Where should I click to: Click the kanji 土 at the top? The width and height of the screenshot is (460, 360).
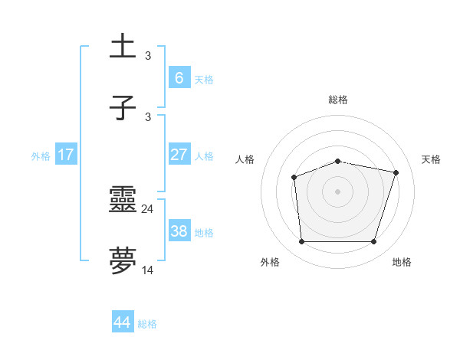(123, 47)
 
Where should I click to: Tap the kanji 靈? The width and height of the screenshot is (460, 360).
(123, 200)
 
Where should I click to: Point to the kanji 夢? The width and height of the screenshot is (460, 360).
(123, 261)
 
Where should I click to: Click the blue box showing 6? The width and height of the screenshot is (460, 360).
(179, 78)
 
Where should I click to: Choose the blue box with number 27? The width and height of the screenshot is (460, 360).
(179, 155)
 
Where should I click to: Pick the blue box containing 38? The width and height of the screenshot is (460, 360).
(179, 231)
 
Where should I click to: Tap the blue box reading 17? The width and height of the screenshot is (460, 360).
(66, 155)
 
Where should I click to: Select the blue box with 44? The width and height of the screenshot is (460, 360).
(123, 322)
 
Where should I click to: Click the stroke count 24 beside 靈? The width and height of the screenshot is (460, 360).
(148, 208)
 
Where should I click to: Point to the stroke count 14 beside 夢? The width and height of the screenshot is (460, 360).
(148, 270)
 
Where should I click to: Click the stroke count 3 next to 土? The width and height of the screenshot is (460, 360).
(148, 55)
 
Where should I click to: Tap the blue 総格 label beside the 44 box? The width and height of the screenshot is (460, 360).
(147, 324)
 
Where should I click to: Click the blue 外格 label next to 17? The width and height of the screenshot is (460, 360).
(41, 156)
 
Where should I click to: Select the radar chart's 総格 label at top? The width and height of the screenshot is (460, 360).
(338, 100)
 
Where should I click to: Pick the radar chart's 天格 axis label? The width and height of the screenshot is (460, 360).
(432, 159)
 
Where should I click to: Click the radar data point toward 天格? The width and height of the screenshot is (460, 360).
(396, 172)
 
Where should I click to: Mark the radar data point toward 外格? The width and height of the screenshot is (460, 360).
(302, 242)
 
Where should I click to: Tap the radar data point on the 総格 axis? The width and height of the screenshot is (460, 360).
(338, 162)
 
